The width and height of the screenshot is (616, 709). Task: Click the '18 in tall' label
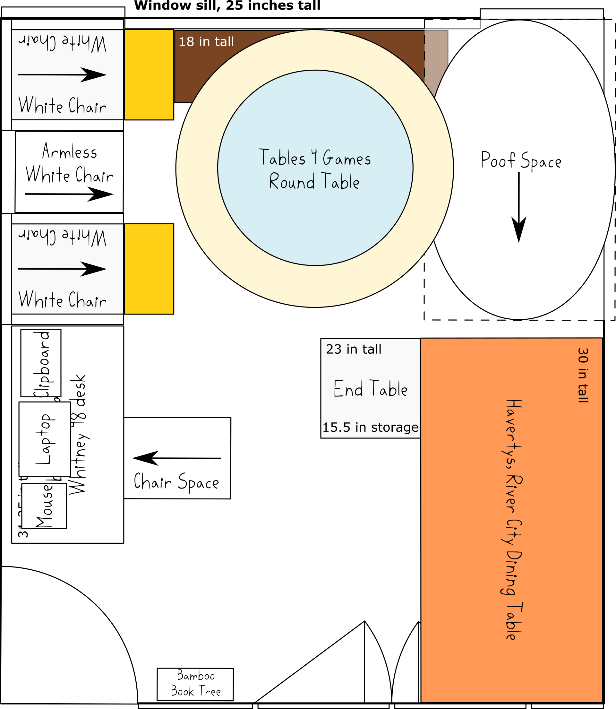coord(206,42)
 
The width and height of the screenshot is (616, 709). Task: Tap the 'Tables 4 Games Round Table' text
coord(315,169)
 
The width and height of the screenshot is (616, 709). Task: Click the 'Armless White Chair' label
coord(69,163)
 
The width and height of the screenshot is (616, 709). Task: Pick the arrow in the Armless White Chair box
coord(69,194)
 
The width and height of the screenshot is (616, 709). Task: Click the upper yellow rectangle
coord(149,74)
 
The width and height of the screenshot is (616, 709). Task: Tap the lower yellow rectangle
coord(149,269)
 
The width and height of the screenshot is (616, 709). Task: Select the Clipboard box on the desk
coord(41,363)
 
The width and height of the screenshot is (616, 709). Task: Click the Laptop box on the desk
coord(44,439)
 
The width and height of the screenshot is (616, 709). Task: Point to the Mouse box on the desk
coord(44,506)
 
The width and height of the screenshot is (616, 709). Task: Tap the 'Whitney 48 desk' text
coord(78,434)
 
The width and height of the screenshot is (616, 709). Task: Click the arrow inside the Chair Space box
coord(177,458)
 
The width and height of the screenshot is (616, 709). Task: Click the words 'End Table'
coord(371,389)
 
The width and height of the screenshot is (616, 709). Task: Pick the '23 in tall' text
coord(354,349)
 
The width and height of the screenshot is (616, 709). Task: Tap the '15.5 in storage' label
coord(370,427)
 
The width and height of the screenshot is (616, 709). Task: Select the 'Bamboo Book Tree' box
coord(195,684)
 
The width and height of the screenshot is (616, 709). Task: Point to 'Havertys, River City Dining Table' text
coord(513,520)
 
